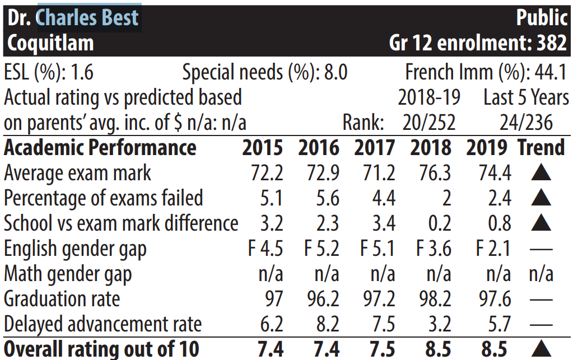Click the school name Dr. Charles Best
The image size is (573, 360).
(73, 17)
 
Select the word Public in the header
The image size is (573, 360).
(542, 17)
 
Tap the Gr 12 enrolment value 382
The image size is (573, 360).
(552, 43)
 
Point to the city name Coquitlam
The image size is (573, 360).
(50, 43)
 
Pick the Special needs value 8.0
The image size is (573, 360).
(336, 72)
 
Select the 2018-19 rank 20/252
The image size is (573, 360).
(429, 122)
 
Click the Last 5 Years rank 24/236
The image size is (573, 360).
(526, 122)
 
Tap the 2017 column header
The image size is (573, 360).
(375, 147)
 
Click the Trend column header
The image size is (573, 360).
(542, 147)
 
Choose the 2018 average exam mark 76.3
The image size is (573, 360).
(435, 172)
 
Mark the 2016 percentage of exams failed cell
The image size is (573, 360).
(328, 198)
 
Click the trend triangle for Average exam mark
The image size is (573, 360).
(541, 172)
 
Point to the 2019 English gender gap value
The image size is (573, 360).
(493, 249)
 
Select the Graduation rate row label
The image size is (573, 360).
(62, 299)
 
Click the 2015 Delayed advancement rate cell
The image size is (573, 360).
(272, 324)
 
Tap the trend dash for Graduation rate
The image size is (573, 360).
(541, 300)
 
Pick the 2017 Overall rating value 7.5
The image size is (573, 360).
(382, 349)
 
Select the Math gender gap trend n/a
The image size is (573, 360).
(541, 274)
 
